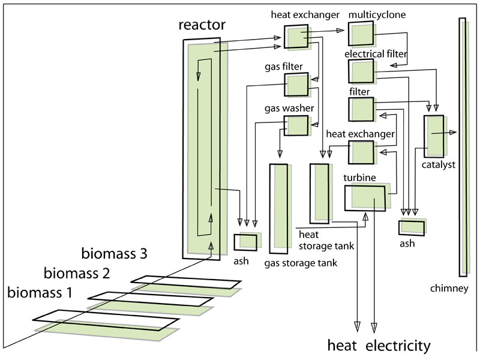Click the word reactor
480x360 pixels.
point(202,25)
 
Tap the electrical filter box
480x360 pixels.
point(361,71)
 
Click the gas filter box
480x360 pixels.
point(296,85)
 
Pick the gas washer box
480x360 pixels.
point(298,125)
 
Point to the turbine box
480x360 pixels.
point(366,197)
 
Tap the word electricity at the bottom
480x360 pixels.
point(398,346)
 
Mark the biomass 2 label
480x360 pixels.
point(77,274)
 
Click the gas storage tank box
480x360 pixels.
point(280,208)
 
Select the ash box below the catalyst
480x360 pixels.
point(412,227)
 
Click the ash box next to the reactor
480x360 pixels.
point(246,242)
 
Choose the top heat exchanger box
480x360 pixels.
point(296,37)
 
